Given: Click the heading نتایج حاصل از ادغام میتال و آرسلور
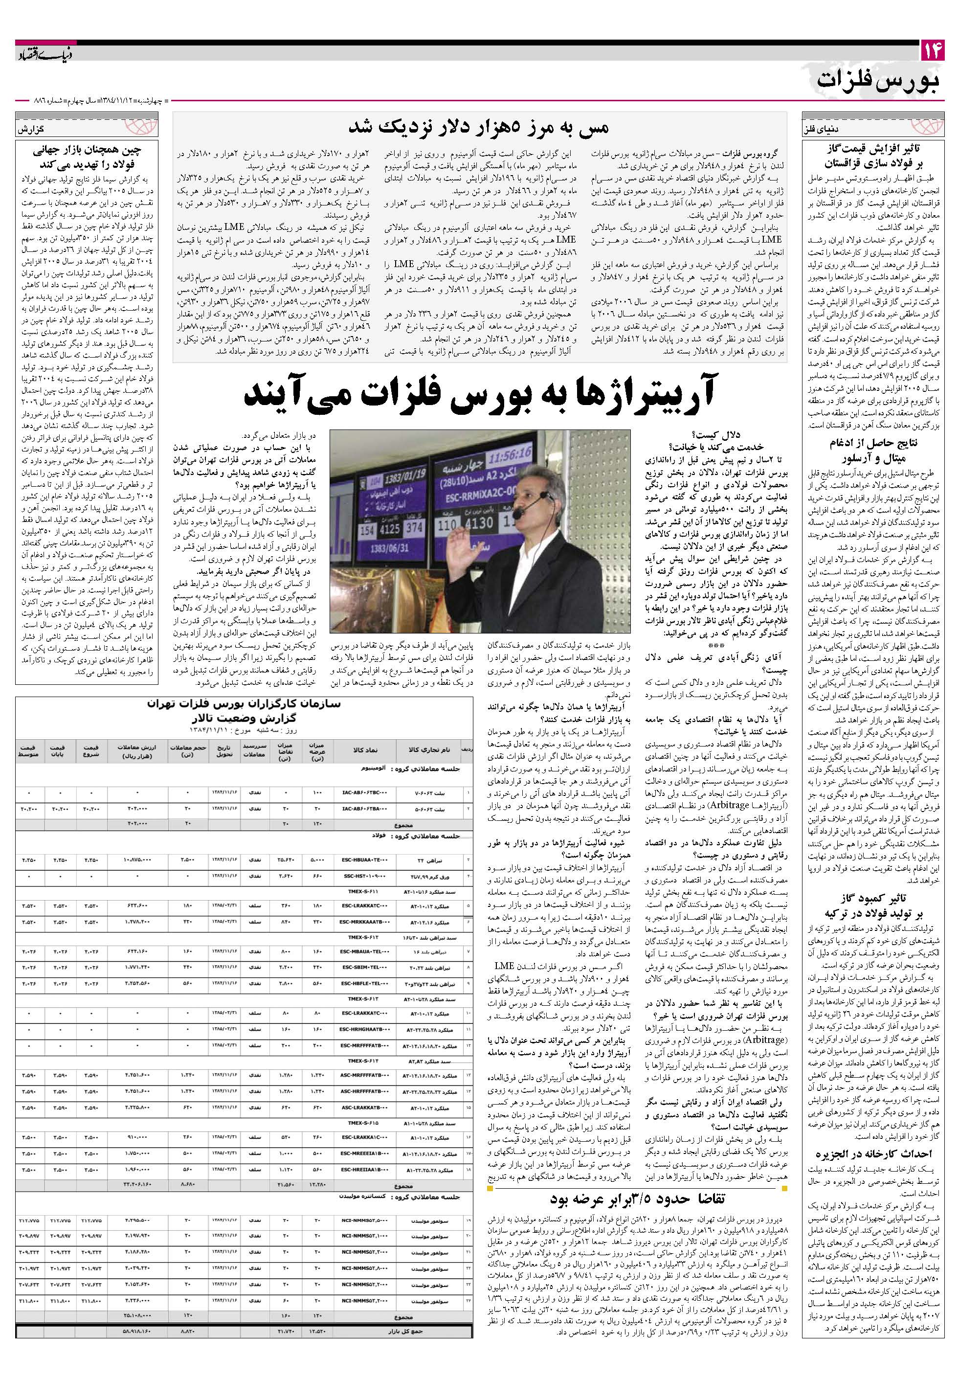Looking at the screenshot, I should (868, 451).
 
